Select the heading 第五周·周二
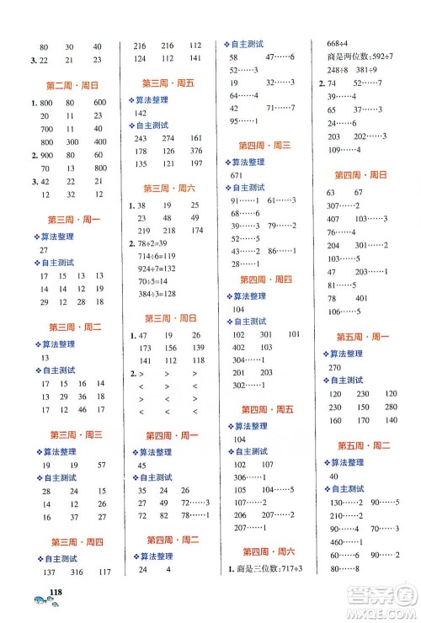click(364, 445)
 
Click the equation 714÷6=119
click(158, 253)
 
